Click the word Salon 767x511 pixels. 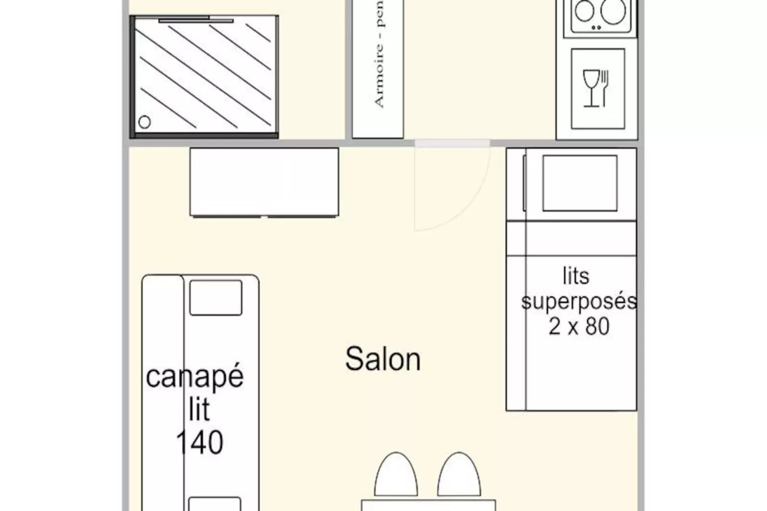[383, 359]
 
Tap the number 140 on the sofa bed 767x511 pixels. [200, 443]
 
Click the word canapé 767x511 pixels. [195, 377]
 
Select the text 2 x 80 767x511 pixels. [579, 327]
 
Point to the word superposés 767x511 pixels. [579, 302]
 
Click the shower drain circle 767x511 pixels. [144, 122]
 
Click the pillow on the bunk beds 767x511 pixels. [579, 183]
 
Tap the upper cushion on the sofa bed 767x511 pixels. [215, 298]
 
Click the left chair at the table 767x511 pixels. [396, 475]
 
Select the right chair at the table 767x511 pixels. [458, 475]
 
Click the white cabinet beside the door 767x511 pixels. [264, 181]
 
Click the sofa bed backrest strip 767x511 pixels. [163, 334]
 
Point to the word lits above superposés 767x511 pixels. [576, 276]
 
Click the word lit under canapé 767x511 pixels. [199, 409]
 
